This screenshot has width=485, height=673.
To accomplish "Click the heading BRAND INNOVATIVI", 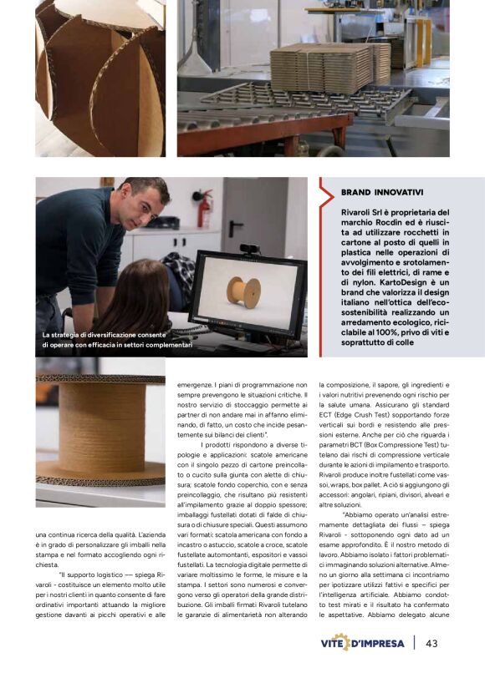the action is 382,192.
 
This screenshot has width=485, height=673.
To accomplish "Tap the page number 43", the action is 431,643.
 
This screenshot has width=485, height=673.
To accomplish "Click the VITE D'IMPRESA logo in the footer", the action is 362,644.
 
